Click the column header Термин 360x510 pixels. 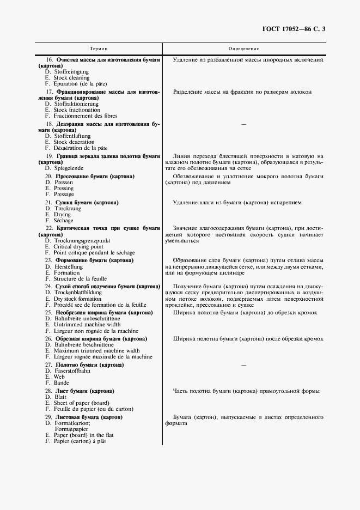click(99, 48)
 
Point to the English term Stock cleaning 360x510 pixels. click(71, 78)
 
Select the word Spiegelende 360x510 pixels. click(69, 168)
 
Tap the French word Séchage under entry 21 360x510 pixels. click(63, 221)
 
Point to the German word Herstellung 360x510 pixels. click(68, 267)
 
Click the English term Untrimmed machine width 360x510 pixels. click(88, 325)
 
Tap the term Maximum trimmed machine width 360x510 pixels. click(96, 351)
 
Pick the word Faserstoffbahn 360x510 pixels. click(73, 371)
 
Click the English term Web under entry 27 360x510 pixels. click(59, 377)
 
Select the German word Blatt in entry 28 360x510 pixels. click(60, 397)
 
